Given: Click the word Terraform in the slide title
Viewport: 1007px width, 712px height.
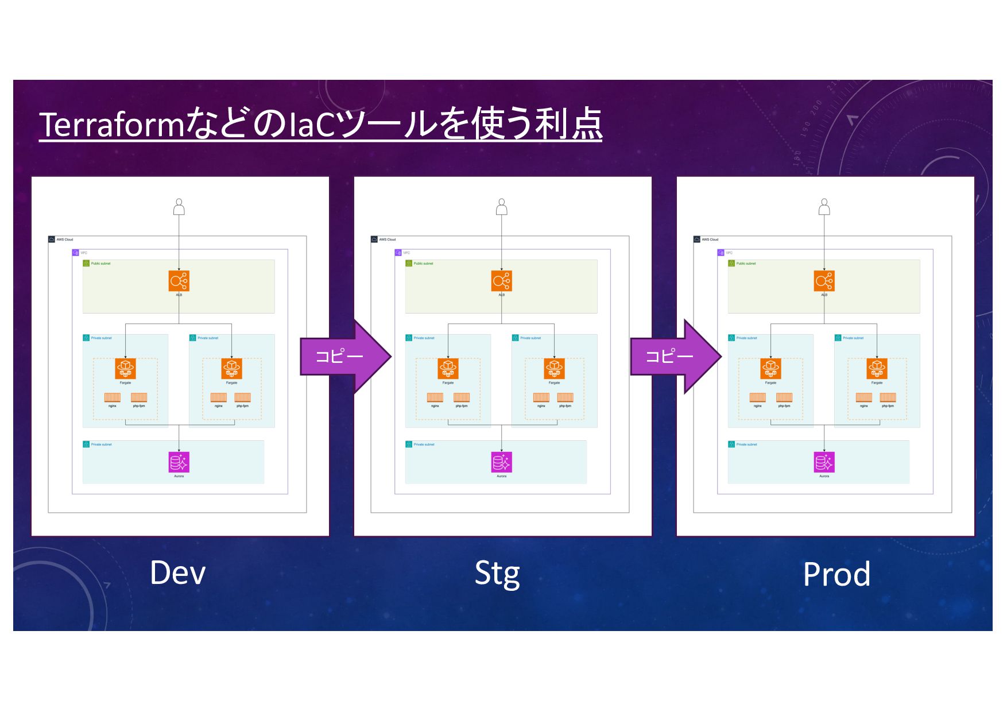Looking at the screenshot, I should [x=111, y=124].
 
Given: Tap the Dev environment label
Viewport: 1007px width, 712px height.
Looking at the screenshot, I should [x=177, y=573].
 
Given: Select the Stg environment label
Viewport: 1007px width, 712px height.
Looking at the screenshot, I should [x=497, y=574].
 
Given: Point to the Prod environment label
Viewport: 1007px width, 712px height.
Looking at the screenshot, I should [x=836, y=574].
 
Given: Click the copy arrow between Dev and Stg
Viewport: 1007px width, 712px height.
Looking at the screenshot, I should [x=344, y=357].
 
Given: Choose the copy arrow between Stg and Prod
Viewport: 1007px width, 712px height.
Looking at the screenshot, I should [x=675, y=357].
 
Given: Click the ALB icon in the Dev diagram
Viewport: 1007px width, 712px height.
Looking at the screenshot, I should [x=179, y=281].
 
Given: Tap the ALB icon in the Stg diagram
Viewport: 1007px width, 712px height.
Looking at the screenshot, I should [x=502, y=281].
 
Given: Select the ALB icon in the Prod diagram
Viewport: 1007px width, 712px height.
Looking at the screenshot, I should [x=824, y=281].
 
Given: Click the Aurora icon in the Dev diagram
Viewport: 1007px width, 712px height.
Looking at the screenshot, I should [x=179, y=462].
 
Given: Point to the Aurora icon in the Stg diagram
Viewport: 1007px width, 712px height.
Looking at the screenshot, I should [x=502, y=462].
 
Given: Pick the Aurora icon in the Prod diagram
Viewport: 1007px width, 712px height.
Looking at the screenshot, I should [x=824, y=462].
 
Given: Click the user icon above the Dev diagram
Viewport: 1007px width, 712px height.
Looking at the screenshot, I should [x=179, y=207].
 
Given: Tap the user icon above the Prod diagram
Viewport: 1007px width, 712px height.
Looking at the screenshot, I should [x=824, y=207].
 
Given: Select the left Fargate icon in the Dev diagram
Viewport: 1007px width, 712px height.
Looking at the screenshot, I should [x=125, y=369].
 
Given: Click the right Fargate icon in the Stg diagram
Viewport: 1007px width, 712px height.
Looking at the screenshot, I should [x=554, y=369].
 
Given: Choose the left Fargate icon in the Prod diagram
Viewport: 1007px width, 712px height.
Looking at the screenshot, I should [x=770, y=369].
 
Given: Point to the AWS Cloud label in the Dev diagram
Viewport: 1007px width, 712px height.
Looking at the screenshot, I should [x=64, y=239].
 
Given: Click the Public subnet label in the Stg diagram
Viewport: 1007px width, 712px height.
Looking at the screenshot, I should [x=423, y=264].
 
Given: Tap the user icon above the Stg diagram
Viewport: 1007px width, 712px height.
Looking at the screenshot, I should [x=502, y=207].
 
